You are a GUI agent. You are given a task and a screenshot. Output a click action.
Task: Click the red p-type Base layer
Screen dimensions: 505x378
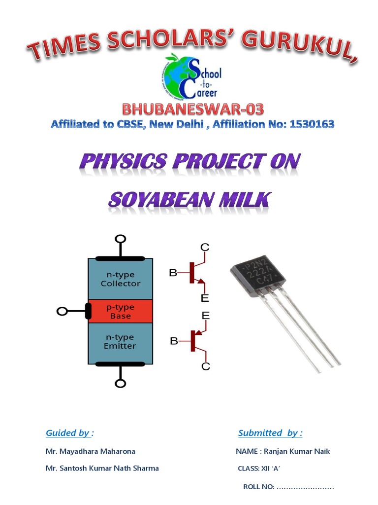coord(120,311)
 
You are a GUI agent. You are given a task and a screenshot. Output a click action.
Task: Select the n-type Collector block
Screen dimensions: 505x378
coord(120,279)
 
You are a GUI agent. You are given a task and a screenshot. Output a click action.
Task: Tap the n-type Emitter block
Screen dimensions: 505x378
coord(120,341)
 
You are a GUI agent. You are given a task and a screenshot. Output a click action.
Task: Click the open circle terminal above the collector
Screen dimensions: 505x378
coord(120,240)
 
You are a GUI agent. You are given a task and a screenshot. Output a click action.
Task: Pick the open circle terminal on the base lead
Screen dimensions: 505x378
coord(63,311)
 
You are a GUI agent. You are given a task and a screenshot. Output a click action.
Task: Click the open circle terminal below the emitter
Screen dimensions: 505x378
coord(120,383)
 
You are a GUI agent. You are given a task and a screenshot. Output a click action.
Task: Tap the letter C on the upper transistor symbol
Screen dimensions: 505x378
coord(205,248)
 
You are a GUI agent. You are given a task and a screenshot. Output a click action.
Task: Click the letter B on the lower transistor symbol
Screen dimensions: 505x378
coord(173,341)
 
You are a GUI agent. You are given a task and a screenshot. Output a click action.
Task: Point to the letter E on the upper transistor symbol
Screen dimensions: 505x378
coord(205,298)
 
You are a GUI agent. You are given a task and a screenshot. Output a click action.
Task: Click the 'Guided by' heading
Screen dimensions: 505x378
coord(69,433)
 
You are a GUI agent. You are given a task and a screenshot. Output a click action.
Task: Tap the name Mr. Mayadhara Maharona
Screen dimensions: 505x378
coord(91,451)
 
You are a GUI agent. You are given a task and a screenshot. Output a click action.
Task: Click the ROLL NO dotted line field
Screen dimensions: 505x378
coord(305,487)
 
